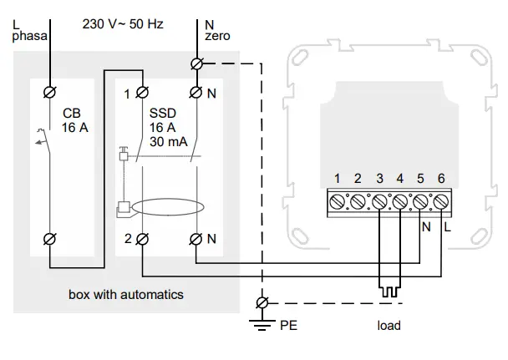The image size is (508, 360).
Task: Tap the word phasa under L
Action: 30,38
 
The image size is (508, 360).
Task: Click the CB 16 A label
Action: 73,119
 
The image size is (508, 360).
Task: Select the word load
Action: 389,325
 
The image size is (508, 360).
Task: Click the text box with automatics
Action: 126,294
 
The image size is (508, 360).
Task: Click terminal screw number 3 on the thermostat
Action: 379,201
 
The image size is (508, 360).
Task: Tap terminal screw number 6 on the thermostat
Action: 443,201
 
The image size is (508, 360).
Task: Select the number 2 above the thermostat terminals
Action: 357,178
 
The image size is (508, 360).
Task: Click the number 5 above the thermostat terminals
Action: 421,178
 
